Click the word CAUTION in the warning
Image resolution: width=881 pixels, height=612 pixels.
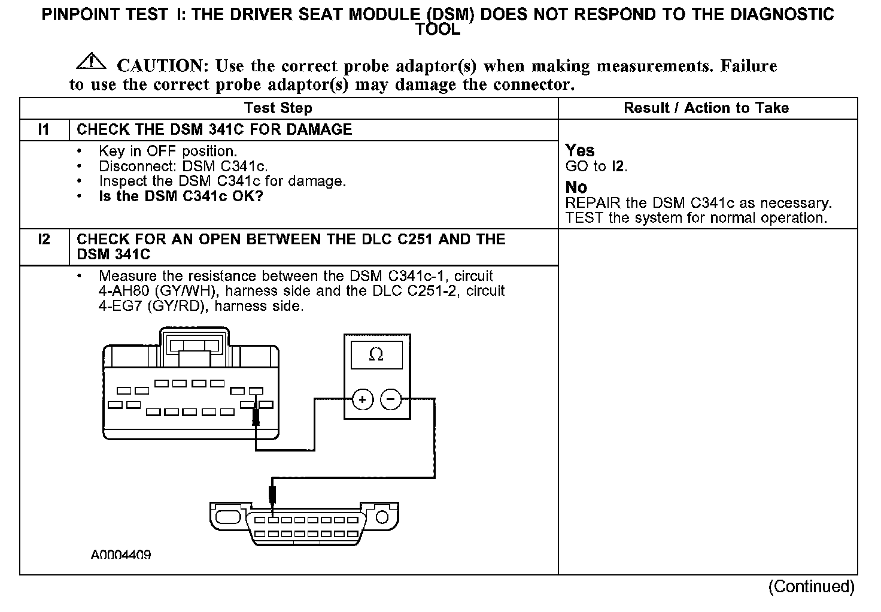click(x=161, y=66)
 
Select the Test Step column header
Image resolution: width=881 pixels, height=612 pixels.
click(x=278, y=108)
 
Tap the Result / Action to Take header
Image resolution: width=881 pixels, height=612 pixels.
click(x=706, y=108)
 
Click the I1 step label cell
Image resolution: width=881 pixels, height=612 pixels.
click(x=44, y=130)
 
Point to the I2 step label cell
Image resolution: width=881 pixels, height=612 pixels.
click(x=44, y=240)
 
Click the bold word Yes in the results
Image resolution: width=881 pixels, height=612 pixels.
click(x=580, y=150)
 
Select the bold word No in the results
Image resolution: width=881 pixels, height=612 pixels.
click(x=576, y=187)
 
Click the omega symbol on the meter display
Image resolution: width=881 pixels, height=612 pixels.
click(x=376, y=355)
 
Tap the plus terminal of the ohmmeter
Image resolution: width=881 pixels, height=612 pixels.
click(x=363, y=399)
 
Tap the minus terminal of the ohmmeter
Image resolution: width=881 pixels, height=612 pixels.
click(x=391, y=399)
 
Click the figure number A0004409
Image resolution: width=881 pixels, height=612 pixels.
click(x=121, y=555)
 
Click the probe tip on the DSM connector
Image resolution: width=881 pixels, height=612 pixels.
click(x=256, y=413)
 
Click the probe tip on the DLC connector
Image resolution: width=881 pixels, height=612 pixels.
click(x=272, y=497)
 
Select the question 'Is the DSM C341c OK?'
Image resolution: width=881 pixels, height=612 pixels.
click(x=181, y=196)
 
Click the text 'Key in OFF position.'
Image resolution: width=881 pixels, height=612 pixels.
click(x=168, y=152)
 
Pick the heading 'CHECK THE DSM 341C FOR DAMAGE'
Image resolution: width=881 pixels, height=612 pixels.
click(x=214, y=130)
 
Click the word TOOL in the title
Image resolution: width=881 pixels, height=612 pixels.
click(x=438, y=30)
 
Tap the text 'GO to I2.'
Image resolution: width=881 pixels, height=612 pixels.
click(x=597, y=166)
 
